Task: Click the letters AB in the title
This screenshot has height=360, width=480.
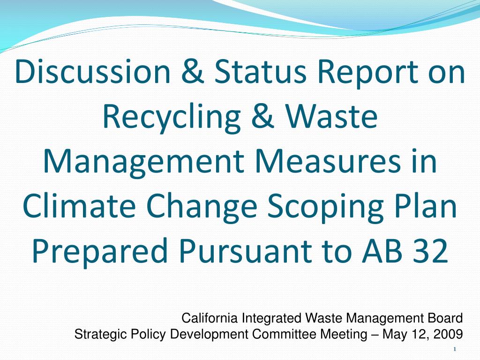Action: pos(381,251)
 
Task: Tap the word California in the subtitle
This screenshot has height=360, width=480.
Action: pos(210,319)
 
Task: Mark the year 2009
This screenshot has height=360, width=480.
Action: pos(449,334)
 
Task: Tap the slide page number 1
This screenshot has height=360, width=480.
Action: pos(455,349)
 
